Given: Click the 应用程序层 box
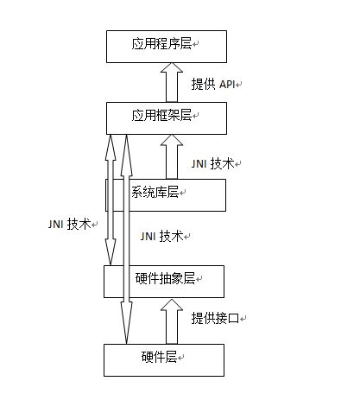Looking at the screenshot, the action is click(167, 47).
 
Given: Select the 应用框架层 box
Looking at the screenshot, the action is click(167, 118).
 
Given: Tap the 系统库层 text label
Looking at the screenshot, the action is click(155, 192).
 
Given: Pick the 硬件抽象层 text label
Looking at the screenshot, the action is click(165, 278).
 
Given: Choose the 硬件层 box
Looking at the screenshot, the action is click(164, 360).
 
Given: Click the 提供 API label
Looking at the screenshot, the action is click(213, 85).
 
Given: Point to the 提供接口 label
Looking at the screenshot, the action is click(215, 318).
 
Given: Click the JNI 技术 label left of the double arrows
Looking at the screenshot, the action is click(70, 224).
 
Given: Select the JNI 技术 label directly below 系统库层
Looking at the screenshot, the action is click(162, 237).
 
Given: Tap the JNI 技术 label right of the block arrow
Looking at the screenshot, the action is click(212, 163).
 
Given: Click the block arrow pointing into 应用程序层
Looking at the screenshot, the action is click(172, 82).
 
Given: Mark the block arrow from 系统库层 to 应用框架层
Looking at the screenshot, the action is click(172, 157).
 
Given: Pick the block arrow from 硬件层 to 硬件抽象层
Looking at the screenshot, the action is click(172, 321).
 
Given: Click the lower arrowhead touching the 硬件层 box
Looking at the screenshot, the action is click(127, 323).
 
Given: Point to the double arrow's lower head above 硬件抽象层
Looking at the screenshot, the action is click(111, 251).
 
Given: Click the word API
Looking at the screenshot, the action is click(227, 85).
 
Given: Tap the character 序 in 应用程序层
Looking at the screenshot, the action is click(174, 44).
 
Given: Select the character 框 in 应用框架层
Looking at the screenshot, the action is click(161, 116).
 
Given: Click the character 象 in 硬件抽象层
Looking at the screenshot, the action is click(177, 278).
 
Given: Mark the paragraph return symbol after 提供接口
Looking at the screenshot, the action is click(243, 319).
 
